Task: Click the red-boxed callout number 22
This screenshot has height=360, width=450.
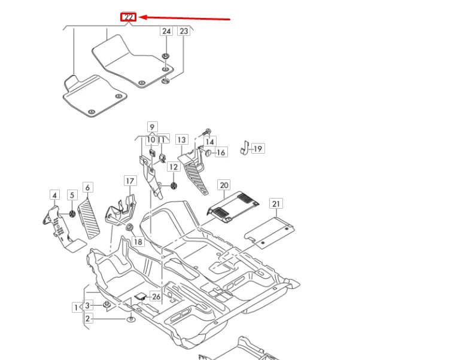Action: [129, 17]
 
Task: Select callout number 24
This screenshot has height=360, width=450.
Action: [166, 31]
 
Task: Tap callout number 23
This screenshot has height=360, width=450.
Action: [184, 31]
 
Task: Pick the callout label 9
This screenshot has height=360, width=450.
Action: [152, 127]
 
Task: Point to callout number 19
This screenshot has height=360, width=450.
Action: [257, 148]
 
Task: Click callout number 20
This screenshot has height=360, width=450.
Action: [224, 185]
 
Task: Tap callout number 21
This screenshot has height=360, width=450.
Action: [275, 204]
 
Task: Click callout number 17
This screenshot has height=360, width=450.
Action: [130, 181]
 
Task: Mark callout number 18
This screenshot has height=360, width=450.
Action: [138, 242]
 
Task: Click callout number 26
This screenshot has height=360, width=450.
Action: [156, 297]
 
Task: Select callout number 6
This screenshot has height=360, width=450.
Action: [87, 188]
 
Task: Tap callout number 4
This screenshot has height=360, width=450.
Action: [54, 195]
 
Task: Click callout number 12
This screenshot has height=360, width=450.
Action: [173, 167]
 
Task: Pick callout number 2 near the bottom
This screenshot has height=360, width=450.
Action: [87, 319]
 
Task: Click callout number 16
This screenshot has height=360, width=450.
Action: [221, 152]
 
